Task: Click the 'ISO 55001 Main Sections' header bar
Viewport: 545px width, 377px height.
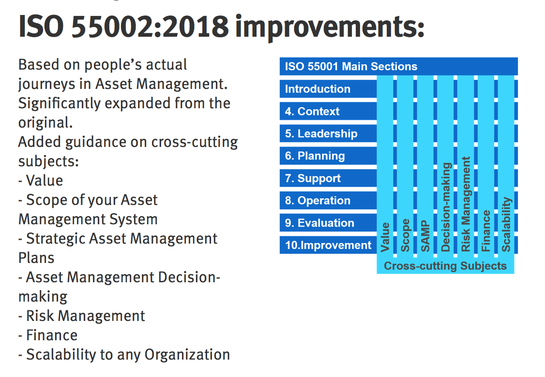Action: coord(398,66)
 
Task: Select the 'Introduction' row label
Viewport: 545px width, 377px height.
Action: coord(318,89)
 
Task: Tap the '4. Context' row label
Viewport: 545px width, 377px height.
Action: coord(312,111)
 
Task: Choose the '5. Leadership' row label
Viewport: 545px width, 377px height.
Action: coord(321,134)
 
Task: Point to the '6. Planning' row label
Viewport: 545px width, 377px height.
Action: coord(315,156)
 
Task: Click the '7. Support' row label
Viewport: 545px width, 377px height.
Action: coord(313,178)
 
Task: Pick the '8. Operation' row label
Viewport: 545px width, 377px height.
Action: coord(318,200)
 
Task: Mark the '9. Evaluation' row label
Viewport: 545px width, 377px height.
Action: coord(319,223)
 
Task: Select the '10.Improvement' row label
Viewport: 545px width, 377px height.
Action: coord(328,245)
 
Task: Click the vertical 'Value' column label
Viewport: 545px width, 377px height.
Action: coord(385,237)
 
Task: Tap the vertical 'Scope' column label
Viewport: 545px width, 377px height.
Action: coord(405,235)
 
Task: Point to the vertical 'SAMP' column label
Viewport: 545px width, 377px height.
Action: coord(425,236)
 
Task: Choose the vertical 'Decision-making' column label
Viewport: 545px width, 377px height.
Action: coord(446,207)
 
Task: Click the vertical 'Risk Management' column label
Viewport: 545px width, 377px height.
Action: coord(466,204)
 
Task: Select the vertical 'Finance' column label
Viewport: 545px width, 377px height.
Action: coord(486,231)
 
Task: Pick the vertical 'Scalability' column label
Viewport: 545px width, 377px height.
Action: coord(506,225)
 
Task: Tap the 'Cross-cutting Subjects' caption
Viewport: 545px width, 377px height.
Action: coord(445,265)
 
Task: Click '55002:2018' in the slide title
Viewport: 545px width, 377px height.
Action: coord(150,27)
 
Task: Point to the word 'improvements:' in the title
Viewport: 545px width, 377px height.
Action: coord(330,28)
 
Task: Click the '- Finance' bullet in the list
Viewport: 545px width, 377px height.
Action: coord(48,335)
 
